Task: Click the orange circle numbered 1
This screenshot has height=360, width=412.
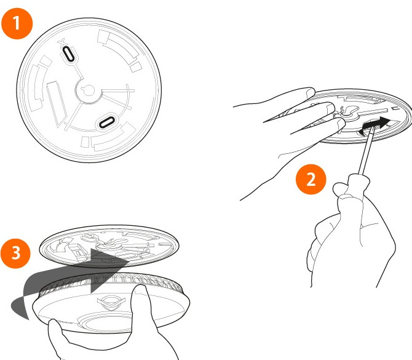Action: [x=17, y=23]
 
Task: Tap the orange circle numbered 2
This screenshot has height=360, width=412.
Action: [x=311, y=180]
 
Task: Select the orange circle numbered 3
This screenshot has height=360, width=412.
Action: [x=15, y=254]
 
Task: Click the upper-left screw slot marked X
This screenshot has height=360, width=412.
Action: [x=68, y=54]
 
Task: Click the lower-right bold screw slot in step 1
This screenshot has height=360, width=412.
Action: [x=106, y=122]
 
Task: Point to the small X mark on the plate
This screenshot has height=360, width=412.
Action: [x=61, y=42]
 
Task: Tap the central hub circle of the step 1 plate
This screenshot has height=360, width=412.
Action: [x=89, y=91]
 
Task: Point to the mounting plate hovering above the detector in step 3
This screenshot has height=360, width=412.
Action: [x=109, y=246]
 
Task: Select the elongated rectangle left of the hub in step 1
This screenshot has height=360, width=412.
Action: [x=57, y=103]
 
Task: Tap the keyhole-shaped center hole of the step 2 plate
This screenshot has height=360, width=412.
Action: [x=348, y=111]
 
